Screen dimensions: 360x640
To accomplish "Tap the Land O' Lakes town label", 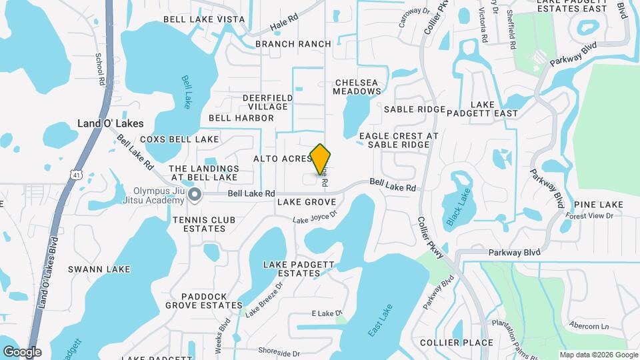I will pos(111,123).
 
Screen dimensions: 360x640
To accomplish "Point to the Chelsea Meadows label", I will pos(357,86).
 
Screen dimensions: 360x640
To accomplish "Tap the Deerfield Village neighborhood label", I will pos(267,102).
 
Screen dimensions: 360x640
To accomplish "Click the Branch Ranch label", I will pos(293,44).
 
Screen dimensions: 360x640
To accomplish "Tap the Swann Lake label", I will pos(99,269).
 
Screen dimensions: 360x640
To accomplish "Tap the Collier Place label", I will pos(457,343).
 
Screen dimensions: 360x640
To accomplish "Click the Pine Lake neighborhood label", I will pos(598,204).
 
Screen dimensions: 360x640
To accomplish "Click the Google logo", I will pos(22,352).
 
